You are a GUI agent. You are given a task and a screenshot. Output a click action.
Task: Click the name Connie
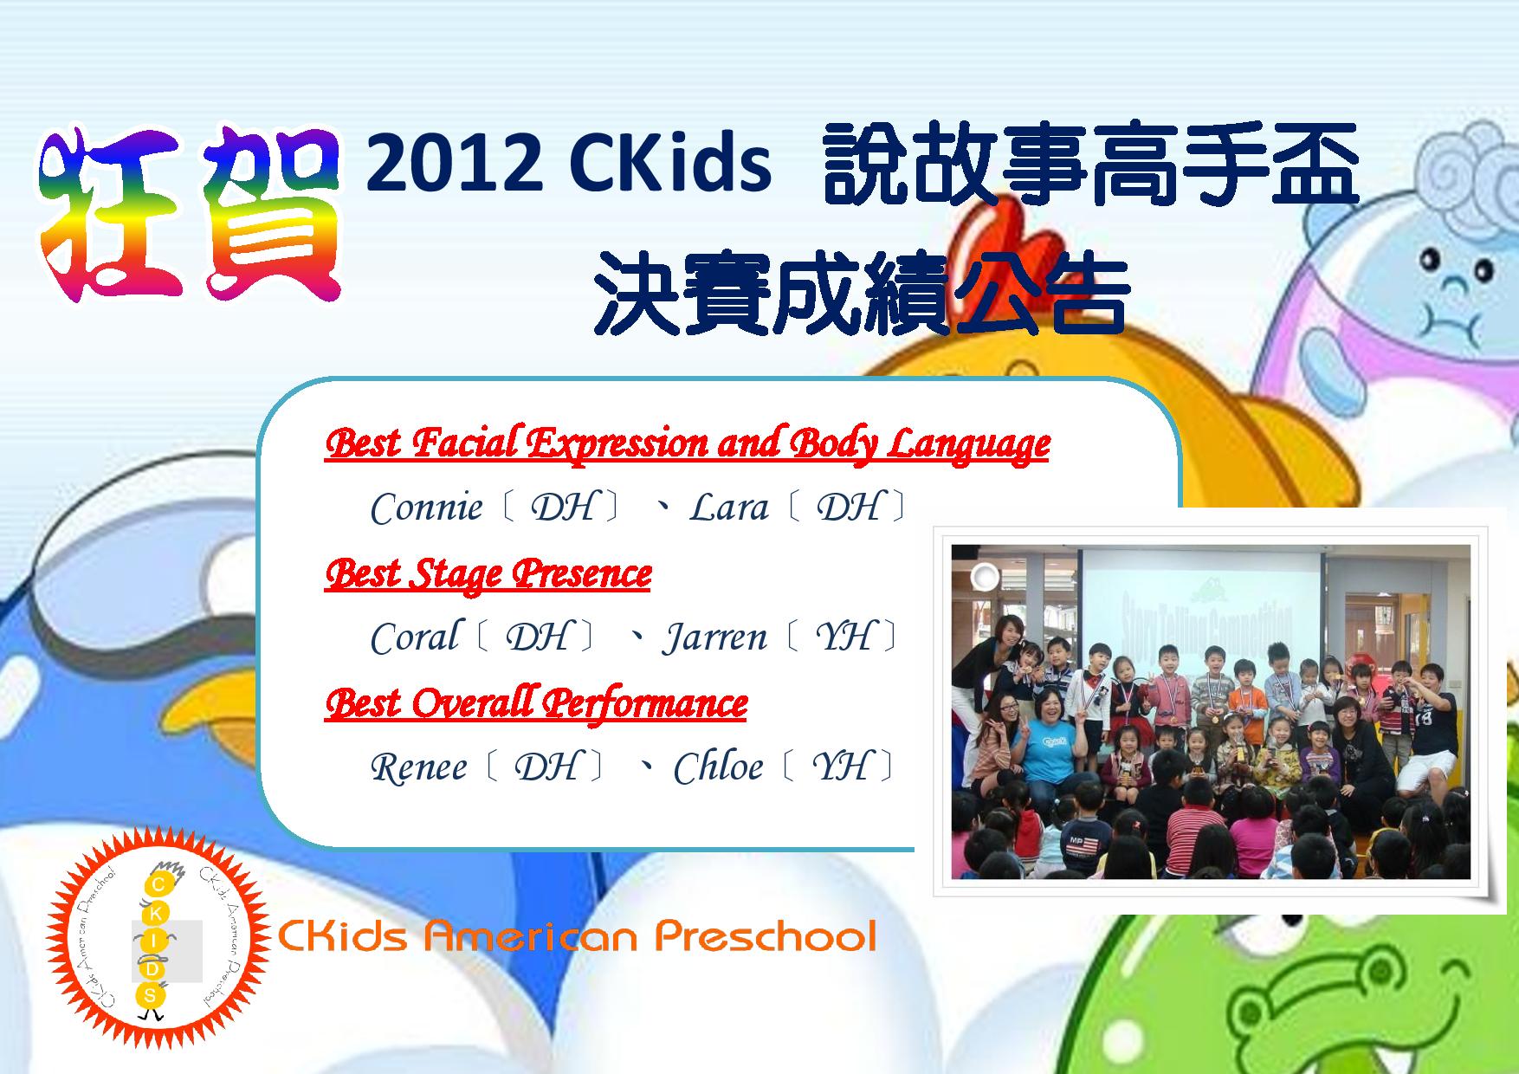click(426, 507)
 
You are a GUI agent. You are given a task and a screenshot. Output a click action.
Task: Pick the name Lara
click(728, 508)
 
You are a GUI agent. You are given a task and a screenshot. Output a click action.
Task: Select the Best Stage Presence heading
click(488, 574)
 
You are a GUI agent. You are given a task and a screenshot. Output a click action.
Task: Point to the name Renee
click(419, 767)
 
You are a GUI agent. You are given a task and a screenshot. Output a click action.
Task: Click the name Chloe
click(718, 767)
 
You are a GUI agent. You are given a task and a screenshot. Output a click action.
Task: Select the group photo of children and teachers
click(1211, 710)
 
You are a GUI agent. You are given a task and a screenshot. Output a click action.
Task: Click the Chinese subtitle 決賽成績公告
click(863, 291)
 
